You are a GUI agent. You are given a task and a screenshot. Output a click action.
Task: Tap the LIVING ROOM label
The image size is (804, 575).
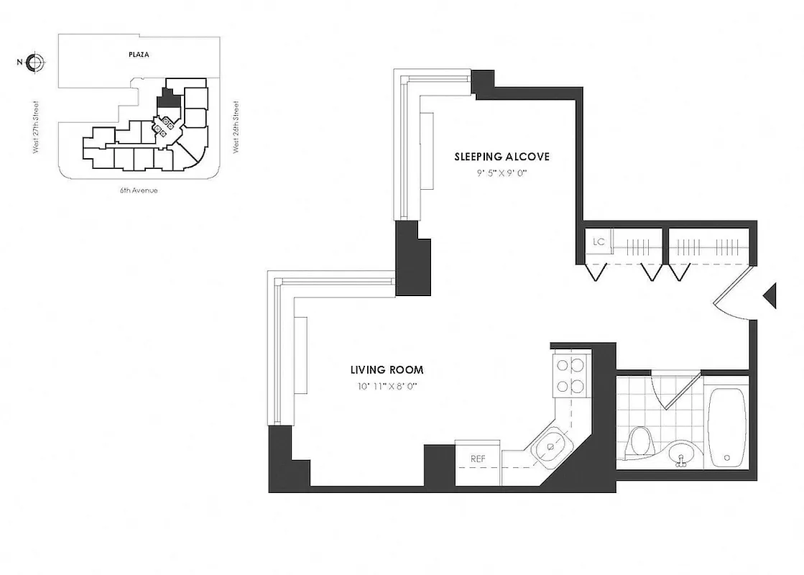pos(387,370)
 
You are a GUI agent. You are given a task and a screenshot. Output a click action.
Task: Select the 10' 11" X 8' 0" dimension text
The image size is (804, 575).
pos(387,386)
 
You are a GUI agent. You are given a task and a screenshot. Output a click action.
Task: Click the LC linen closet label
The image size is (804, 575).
pos(599,241)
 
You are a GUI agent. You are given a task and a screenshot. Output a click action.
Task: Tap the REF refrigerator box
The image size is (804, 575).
pos(479,458)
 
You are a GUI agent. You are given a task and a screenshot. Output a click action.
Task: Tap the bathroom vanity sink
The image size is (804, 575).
pos(680,454)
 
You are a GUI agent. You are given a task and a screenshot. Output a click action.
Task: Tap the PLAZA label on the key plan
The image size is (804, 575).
pos(130,54)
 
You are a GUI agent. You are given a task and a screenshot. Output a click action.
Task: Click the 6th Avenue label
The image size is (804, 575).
pos(139,190)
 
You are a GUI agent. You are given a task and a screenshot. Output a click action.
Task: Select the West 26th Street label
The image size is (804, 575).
pos(235,128)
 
